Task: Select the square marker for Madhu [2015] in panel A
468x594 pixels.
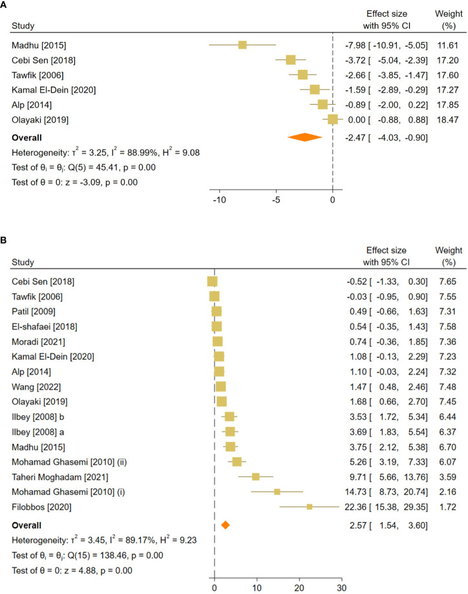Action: coord(242,45)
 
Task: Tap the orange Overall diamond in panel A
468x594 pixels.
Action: coord(304,138)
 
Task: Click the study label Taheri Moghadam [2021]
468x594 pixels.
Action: coord(52,477)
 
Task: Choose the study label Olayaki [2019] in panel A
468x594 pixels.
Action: coord(36,119)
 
